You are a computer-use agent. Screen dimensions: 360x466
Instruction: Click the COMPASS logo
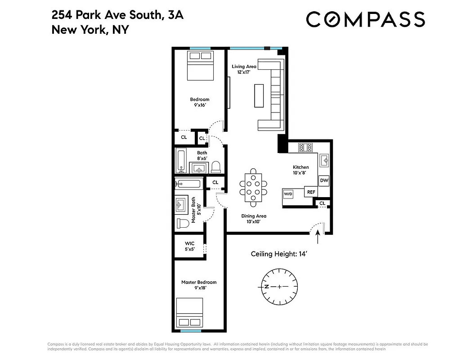tap(365, 19)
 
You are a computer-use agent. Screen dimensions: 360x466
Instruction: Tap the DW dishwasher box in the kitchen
tap(324, 181)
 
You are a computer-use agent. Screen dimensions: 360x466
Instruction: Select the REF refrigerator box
tap(311, 192)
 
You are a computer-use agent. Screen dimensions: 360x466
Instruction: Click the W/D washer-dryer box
tap(288, 194)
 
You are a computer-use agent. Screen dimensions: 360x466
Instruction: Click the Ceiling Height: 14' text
tap(278, 254)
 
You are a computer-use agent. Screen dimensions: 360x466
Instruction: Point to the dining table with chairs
tap(252, 186)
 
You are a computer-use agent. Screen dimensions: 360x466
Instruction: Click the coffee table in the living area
tap(259, 95)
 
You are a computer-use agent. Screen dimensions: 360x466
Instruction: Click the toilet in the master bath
tap(183, 223)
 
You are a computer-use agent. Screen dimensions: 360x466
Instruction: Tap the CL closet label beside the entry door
tap(322, 204)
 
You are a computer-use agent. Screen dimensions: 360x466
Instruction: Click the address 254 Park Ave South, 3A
tap(117, 16)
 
